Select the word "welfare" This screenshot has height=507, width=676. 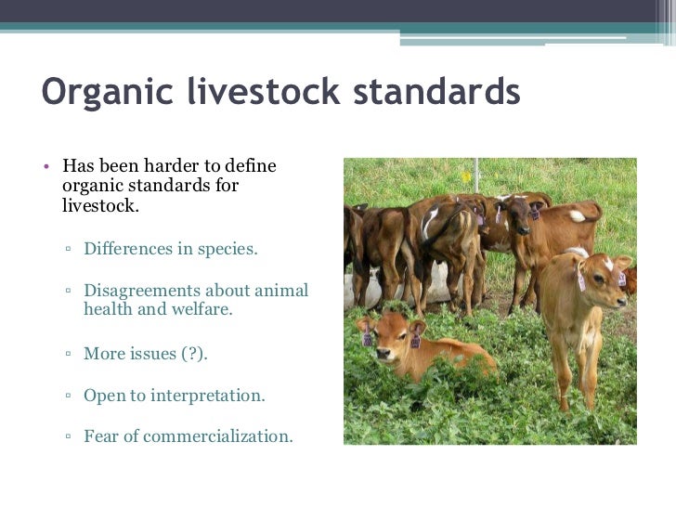click(x=200, y=310)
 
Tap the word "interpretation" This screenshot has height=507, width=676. click(x=209, y=396)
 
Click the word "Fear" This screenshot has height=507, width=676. click(x=100, y=435)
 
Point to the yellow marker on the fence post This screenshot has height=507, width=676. click(x=466, y=176)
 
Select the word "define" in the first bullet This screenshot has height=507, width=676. click(x=252, y=167)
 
